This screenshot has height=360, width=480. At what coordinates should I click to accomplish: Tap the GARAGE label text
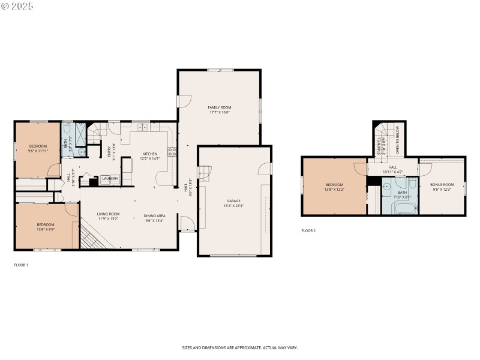tap(233, 201)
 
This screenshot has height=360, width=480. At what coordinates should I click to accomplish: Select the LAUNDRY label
tap(109, 178)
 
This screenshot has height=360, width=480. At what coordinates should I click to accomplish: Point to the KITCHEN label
tap(149, 154)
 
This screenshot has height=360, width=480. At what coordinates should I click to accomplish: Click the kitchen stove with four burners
tap(172, 151)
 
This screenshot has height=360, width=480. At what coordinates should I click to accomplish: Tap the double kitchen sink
tap(143, 127)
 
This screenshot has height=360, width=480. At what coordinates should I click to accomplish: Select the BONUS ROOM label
tap(442, 184)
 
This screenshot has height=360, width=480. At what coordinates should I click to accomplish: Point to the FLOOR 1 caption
tap(21, 265)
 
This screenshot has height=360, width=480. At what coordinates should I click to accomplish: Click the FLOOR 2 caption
tap(308, 230)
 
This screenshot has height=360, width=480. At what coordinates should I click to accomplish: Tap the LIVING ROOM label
tap(109, 214)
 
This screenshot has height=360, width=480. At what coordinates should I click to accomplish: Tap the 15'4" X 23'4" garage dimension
tap(233, 206)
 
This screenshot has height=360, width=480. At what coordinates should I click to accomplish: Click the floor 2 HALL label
tap(392, 167)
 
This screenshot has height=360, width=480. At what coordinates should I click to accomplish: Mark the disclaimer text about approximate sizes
tap(240, 347)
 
